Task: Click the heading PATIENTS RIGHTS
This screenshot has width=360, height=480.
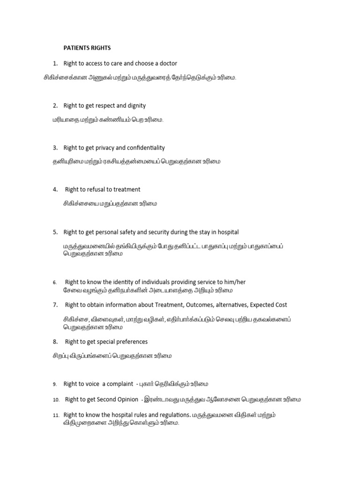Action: click(x=87, y=48)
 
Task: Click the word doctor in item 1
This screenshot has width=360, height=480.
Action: click(x=168, y=63)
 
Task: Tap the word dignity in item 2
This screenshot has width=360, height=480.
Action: click(x=136, y=105)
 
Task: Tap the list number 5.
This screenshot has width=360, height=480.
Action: click(x=55, y=232)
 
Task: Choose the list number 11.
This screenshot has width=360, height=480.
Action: click(x=55, y=415)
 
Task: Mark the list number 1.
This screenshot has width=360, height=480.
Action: click(x=55, y=63)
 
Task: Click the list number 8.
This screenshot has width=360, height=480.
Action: click(x=55, y=342)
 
